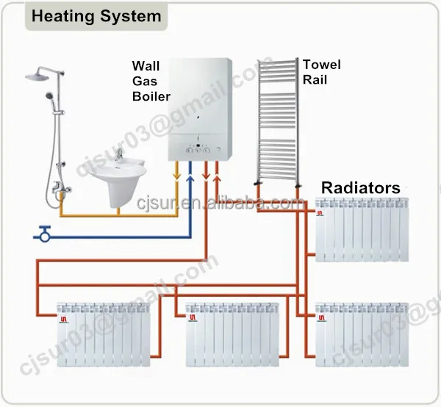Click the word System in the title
pyautogui.click(x=129, y=15)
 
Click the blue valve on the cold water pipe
pyautogui.click(x=45, y=235)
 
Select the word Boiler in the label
pyautogui.click(x=151, y=96)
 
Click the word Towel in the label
pyautogui.click(x=321, y=65)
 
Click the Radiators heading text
pyautogui.click(x=360, y=188)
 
